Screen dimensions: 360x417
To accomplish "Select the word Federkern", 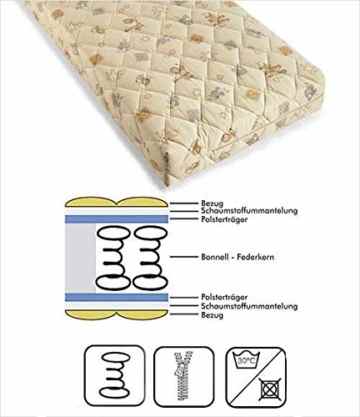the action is coord(256,257).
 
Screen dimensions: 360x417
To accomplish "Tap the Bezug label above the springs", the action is coord(212,203).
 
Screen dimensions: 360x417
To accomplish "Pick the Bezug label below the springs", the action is coord(212,315).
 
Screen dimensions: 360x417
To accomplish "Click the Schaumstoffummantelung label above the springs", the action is coord(249,211).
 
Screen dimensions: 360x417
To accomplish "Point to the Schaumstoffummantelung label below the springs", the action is coord(249,306).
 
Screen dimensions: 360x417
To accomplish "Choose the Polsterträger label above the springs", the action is coord(224,219).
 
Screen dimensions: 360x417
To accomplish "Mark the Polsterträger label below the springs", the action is coord(224,297).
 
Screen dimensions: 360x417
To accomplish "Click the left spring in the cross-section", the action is coord(113,257).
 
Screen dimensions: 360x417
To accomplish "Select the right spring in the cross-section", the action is coord(150,257).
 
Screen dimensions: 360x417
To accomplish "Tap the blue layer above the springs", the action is coord(116,219).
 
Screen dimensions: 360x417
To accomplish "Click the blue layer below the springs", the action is coord(116,297).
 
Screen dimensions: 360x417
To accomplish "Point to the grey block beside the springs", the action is coord(80,258).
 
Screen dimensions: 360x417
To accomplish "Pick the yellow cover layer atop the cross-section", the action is coord(116,202).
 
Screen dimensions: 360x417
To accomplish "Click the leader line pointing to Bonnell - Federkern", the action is coord(184,257).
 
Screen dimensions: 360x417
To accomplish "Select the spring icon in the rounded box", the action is coord(115,375).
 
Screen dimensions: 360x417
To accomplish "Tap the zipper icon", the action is coord(184,375).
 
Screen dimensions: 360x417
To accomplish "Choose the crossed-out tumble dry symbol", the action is coord(269,389).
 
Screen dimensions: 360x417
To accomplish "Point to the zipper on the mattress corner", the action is coord(165,167).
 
